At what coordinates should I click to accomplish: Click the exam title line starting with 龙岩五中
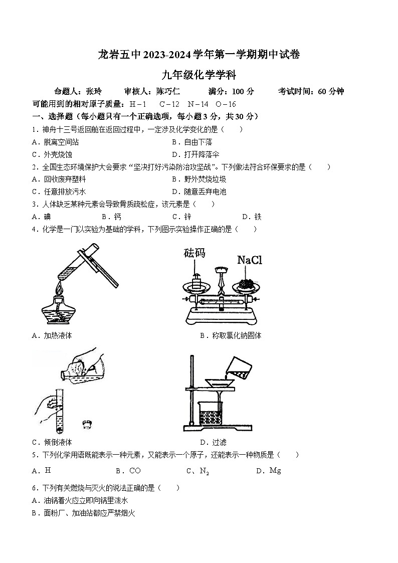pos(199,55)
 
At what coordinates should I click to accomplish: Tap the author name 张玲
pos(94,91)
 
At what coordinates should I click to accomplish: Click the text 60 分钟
pos(331,91)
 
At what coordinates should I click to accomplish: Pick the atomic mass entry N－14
pos(197,104)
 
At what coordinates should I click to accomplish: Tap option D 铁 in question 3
pos(252,217)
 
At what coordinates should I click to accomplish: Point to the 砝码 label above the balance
pos(194,253)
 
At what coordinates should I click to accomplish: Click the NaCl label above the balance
pos(249,260)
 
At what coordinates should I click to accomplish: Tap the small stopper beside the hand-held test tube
pos(89,425)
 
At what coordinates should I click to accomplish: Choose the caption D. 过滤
pos(213,442)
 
